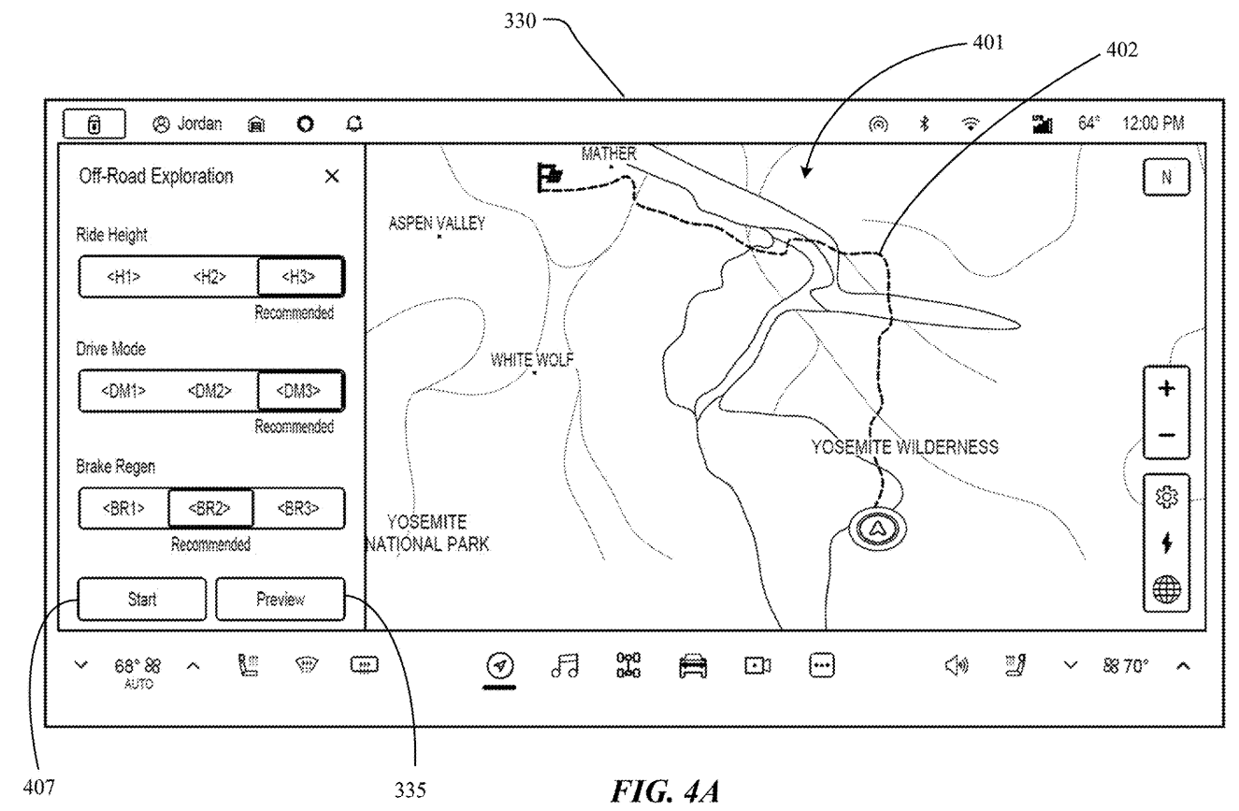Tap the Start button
(x=141, y=599)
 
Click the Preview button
(x=280, y=599)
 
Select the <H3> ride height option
(x=301, y=276)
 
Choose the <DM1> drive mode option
(x=123, y=391)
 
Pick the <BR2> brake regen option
(x=210, y=508)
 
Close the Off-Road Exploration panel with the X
(x=332, y=177)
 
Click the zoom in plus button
(x=1167, y=388)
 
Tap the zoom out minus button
(x=1167, y=435)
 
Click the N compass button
(x=1167, y=177)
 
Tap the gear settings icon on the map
(x=1167, y=497)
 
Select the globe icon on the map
(x=1167, y=588)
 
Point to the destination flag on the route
(x=549, y=177)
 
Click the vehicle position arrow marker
(x=877, y=529)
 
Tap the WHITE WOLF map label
(x=531, y=360)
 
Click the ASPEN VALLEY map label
(x=437, y=224)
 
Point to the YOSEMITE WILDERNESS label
(x=905, y=446)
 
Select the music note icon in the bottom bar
(x=565, y=665)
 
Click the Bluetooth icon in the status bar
(x=924, y=123)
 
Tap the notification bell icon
(x=354, y=123)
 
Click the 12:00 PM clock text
(x=1153, y=123)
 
